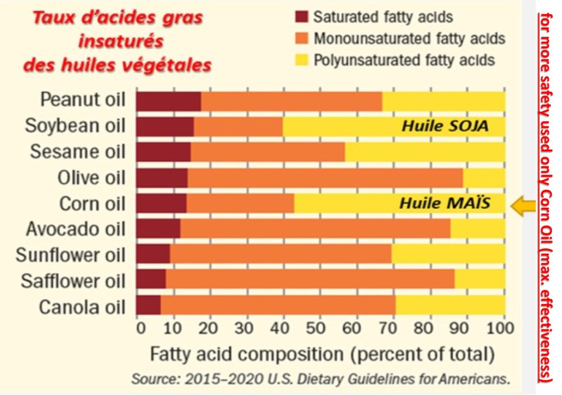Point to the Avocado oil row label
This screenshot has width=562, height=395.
tap(75, 229)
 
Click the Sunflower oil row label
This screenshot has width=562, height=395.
tap(70, 255)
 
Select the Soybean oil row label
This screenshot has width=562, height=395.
tap(75, 126)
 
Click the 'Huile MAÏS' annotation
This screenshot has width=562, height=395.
tap(444, 204)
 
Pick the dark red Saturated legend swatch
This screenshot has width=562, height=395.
tap(301, 17)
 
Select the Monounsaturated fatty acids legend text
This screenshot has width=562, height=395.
tap(409, 39)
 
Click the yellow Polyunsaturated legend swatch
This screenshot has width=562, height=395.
tap(301, 60)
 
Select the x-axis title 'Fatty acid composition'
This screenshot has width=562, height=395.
tap(322, 354)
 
